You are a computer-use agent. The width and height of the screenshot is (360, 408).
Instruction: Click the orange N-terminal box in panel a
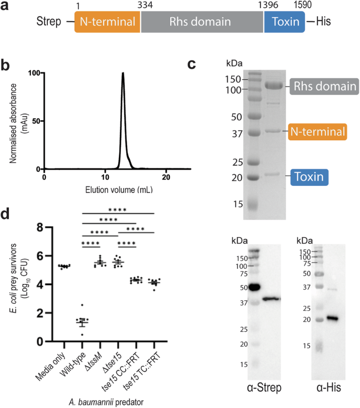(x=107, y=23)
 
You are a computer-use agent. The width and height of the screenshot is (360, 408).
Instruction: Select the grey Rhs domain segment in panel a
(x=202, y=23)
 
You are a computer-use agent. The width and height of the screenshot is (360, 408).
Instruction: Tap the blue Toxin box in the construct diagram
(x=284, y=23)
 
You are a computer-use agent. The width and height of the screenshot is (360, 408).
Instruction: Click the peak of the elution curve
(x=122, y=74)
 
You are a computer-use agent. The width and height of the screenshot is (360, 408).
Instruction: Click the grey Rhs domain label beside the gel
(x=323, y=86)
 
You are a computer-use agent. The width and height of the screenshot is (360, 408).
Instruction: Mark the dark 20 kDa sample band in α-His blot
(x=330, y=318)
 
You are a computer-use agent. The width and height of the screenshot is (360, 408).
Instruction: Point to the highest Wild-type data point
(x=81, y=305)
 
